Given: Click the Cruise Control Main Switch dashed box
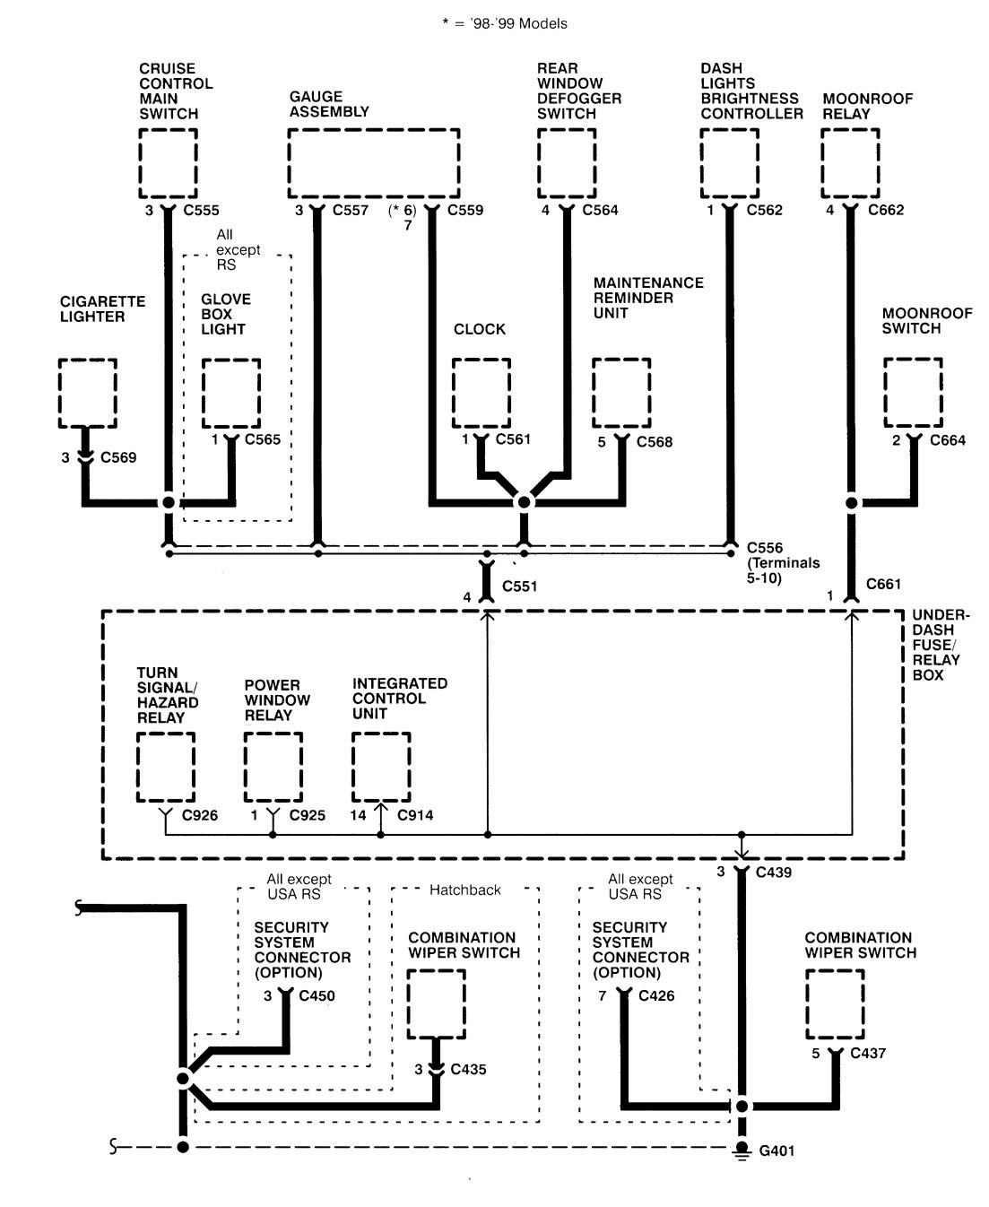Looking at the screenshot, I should click(168, 162).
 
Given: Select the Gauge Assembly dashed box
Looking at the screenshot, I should click(374, 162).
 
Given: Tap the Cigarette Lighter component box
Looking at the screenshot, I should click(87, 393).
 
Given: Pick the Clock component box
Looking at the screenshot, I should click(481, 393).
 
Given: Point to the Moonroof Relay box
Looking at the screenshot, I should click(850, 162).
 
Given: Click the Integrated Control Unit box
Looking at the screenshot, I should click(381, 767).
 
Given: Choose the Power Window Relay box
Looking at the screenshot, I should click(273, 767).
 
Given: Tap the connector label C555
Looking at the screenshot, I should click(201, 211).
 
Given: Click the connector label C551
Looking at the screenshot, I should click(520, 586).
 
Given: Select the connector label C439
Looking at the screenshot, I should click(773, 872).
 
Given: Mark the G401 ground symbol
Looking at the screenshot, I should click(742, 1151).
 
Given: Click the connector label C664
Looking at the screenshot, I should click(948, 440).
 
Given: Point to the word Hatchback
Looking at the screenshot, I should click(464, 890).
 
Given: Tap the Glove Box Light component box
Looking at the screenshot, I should click(230, 393).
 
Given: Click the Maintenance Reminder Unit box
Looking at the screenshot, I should click(621, 393).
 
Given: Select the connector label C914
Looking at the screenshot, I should click(414, 815).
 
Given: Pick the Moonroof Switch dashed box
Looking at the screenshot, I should click(913, 393).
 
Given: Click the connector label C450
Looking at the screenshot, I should click(317, 995).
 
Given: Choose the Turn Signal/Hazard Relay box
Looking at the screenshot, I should click(166, 767).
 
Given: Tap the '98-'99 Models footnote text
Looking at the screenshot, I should click(505, 24).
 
